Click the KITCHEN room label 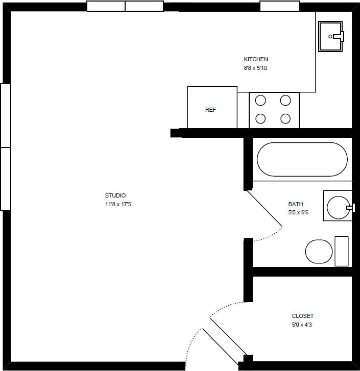pyautogui.click(x=256, y=59)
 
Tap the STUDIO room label pyautogui.click(x=115, y=195)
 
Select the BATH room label pyautogui.click(x=296, y=204)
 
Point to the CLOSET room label pyautogui.click(x=302, y=316)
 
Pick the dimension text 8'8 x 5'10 pyautogui.click(x=255, y=67)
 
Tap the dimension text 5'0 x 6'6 pyautogui.click(x=298, y=212)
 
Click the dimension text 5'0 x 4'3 pyautogui.click(x=302, y=325)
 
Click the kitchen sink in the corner pyautogui.click(x=331, y=36)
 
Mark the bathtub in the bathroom pyautogui.click(x=302, y=159)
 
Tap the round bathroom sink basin pyautogui.click(x=338, y=206)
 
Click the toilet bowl pyautogui.click(x=319, y=251)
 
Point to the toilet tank pyautogui.click(x=341, y=251)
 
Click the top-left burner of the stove pyautogui.click(x=260, y=100)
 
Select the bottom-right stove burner pyautogui.click(x=285, y=119)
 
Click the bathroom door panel pyautogui.click(x=264, y=208)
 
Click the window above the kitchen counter pyautogui.click(x=279, y=6)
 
